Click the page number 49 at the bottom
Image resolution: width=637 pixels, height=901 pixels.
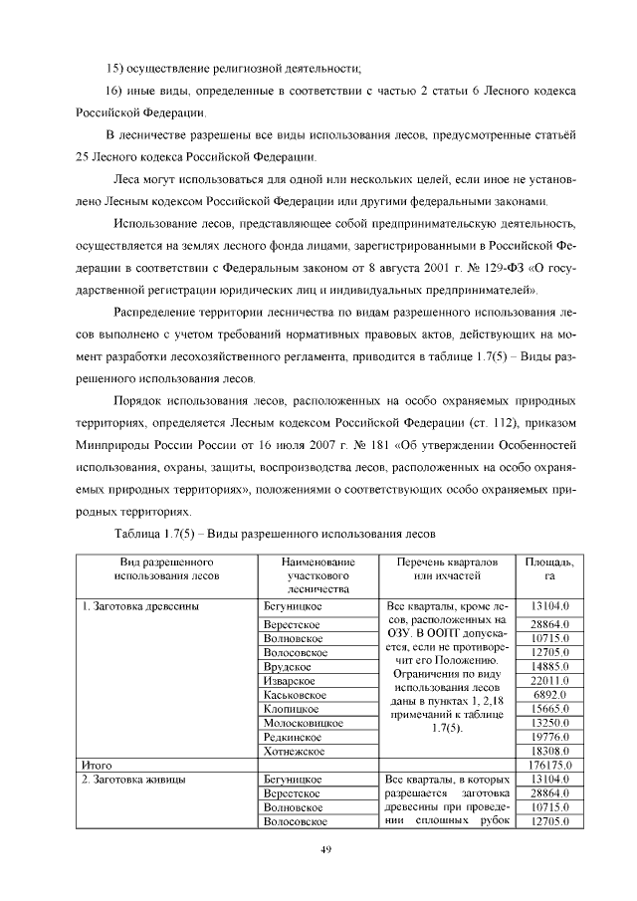point(324,848)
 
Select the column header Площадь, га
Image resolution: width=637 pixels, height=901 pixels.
point(548,568)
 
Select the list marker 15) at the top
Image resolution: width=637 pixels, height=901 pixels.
point(118,68)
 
